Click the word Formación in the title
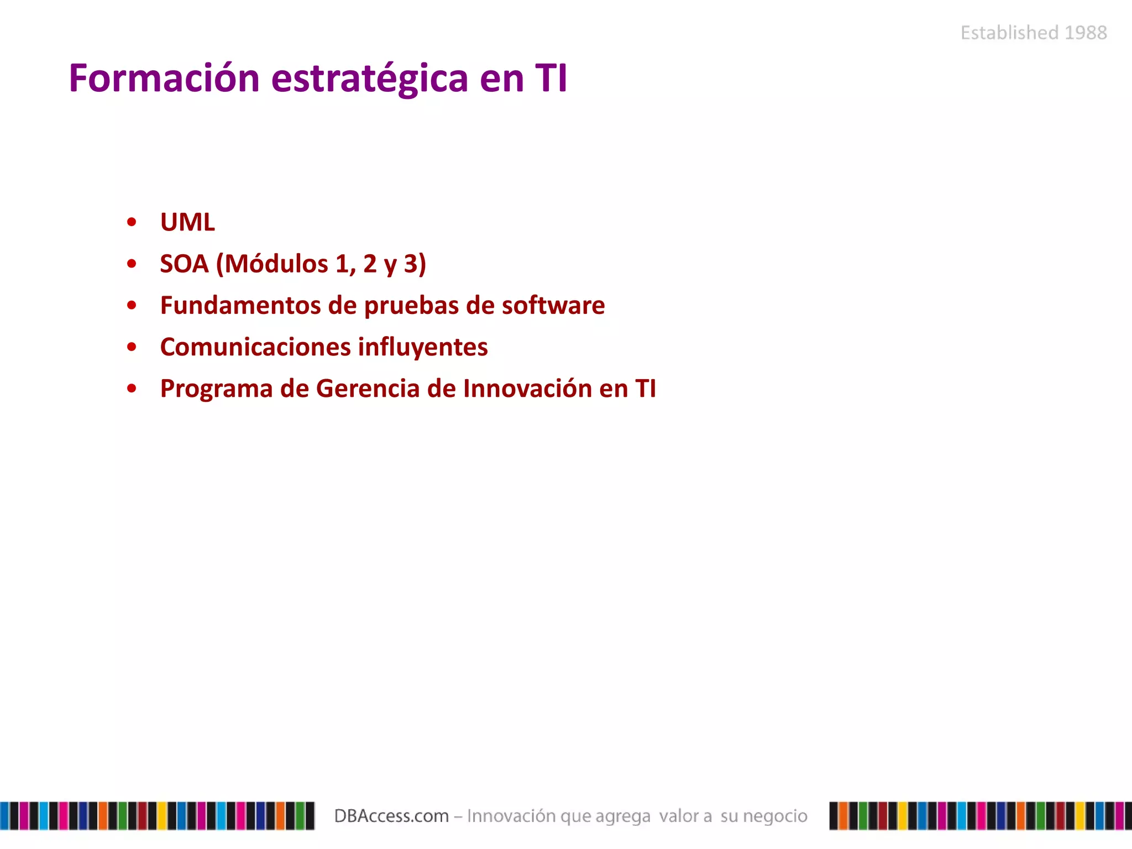click(x=164, y=78)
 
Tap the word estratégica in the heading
click(x=370, y=78)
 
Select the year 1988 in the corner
click(x=1086, y=33)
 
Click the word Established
click(x=1009, y=33)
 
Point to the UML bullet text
click(x=187, y=222)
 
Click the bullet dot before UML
click(x=132, y=222)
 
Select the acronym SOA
click(x=184, y=264)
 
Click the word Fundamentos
click(x=240, y=305)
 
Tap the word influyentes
click(x=423, y=347)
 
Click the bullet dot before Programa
click(x=132, y=389)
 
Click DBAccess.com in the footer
click(x=391, y=816)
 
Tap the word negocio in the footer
click(x=775, y=816)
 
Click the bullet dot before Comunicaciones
click(x=132, y=347)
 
